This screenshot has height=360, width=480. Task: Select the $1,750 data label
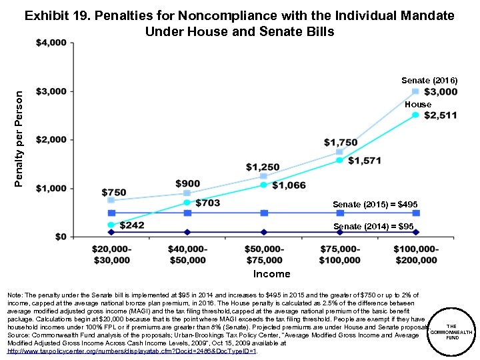pos(341,143)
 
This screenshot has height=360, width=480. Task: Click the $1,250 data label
pos(263,167)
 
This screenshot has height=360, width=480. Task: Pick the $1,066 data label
pos(288,185)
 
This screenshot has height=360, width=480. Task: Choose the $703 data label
pos(207,203)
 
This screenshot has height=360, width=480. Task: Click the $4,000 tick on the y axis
pos(51,43)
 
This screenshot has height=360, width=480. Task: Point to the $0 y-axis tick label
pos(59,237)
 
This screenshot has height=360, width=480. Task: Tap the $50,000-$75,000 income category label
pos(264,255)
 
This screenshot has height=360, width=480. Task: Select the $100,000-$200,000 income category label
pos(415,255)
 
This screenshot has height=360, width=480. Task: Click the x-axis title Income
pos(271,274)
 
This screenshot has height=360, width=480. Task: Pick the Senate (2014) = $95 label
pos(373,227)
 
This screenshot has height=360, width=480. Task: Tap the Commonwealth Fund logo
pos(451,332)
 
